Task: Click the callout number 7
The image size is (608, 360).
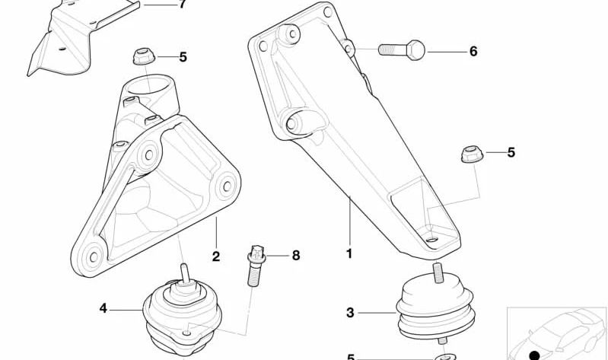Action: point(182,5)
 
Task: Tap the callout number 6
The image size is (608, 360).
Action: point(473,52)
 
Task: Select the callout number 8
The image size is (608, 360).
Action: point(295,256)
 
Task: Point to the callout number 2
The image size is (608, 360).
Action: point(216,256)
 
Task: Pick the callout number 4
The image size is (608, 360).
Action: point(103,308)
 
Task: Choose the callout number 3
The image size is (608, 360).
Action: point(350,312)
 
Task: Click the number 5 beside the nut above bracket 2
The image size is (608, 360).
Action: point(183,56)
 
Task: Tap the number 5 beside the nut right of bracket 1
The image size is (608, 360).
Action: point(511,152)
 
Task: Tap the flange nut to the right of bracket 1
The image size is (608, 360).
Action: point(470,155)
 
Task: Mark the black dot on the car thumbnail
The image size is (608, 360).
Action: point(535,355)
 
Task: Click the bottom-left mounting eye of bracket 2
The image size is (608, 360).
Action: point(91,256)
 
